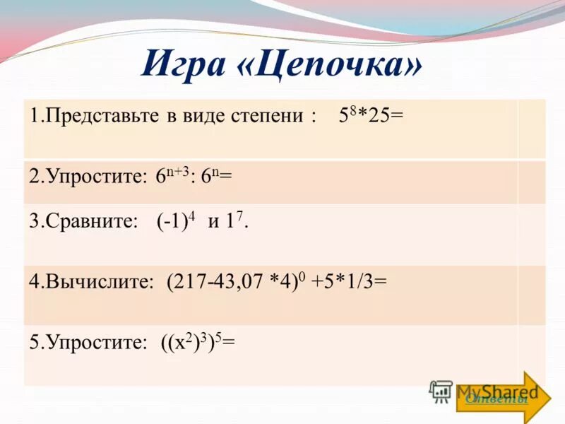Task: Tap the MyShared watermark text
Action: [x=494, y=390]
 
